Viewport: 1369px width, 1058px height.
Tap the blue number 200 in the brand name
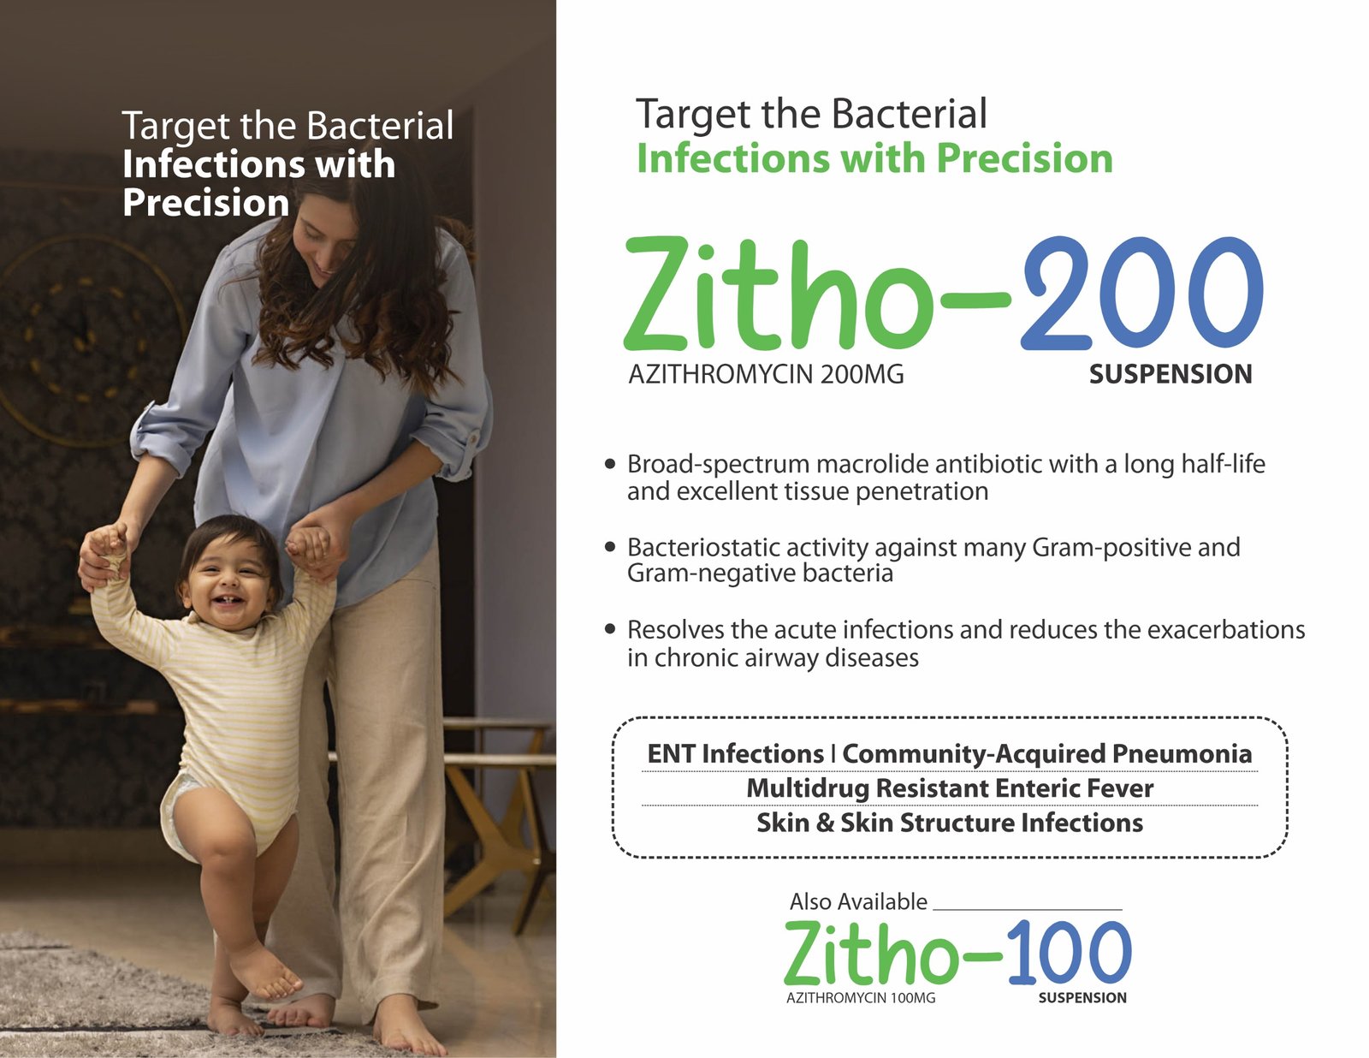coord(1141,293)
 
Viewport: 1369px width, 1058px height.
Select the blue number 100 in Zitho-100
coord(1070,952)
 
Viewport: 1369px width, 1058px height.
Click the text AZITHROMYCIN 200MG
coord(766,374)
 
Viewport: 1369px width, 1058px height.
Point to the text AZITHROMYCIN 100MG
coord(861,998)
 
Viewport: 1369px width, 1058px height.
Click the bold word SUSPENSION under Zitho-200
coord(1170,374)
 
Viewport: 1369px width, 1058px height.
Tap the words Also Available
coord(858,901)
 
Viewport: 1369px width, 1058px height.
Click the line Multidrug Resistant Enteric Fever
coord(950,788)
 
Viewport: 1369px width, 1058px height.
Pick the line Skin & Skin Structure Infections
coord(950,823)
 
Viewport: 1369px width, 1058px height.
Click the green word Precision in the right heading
coord(1025,158)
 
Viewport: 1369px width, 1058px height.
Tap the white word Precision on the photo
coord(206,203)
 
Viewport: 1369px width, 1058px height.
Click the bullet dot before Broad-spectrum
coord(609,464)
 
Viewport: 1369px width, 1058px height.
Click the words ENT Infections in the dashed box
coord(735,753)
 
